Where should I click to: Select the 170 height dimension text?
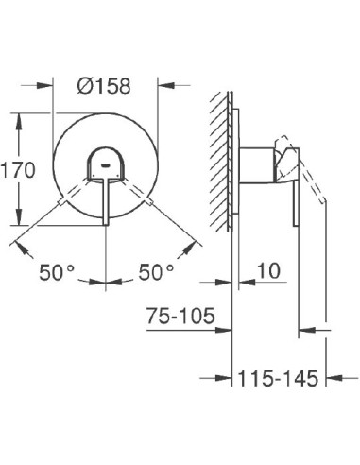[x=19, y=171]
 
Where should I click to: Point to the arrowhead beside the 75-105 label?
[x=226, y=330]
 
